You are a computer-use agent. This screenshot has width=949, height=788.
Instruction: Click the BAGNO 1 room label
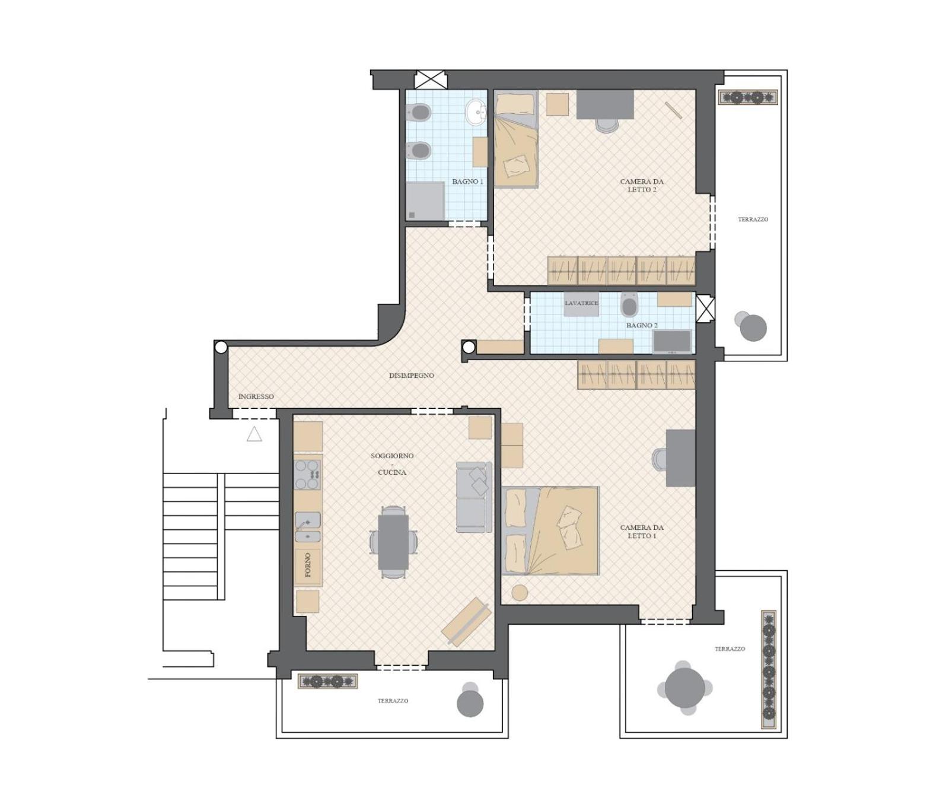tap(467, 182)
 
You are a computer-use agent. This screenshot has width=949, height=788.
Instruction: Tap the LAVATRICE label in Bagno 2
tap(581, 303)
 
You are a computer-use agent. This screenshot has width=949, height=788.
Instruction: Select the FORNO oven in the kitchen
tap(308, 565)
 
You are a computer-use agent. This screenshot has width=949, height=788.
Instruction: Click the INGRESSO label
tap(256, 396)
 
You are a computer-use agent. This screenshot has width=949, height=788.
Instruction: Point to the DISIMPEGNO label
tap(412, 376)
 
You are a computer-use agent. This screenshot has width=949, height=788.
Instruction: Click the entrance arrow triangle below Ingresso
tap(254, 434)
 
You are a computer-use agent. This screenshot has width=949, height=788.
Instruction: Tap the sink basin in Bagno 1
tap(476, 112)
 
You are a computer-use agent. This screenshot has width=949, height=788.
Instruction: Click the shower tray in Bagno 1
tap(425, 201)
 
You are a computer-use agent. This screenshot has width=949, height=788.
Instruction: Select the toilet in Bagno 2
tap(629, 305)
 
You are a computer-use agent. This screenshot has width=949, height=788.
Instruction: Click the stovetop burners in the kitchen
tap(308, 475)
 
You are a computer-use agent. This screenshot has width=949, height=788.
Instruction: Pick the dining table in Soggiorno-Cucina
tap(393, 541)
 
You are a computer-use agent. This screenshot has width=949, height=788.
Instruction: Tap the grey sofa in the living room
tap(474, 497)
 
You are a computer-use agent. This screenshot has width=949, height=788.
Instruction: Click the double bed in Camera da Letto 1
tap(550, 530)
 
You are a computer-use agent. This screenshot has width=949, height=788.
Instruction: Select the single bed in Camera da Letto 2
tap(516, 139)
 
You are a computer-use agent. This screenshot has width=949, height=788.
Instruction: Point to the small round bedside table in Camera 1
tap(520, 593)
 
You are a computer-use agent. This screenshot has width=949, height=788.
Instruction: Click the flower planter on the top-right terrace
tap(747, 97)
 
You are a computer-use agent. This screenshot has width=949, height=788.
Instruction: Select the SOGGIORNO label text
tap(392, 456)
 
